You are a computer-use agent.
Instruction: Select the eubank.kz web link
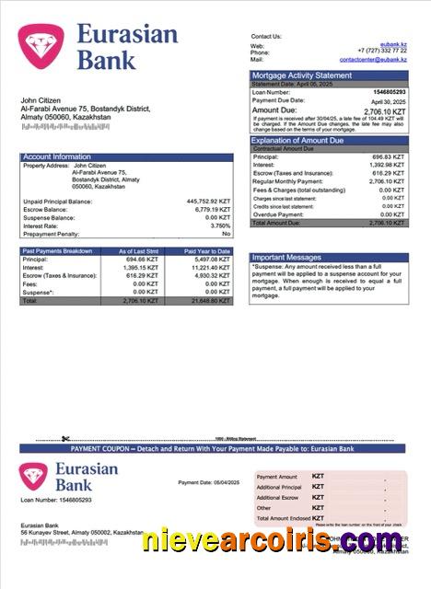[394, 44]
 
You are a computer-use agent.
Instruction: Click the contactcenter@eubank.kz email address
[373, 59]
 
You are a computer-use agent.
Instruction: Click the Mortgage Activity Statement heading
[301, 75]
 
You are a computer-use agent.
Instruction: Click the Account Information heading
[57, 156]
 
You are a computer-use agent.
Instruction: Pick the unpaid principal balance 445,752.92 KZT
[208, 201]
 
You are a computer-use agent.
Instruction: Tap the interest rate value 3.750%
[220, 225]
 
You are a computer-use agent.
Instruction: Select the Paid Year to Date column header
[207, 251]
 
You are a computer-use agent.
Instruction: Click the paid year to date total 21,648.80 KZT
[211, 301]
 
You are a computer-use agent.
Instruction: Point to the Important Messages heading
[288, 257]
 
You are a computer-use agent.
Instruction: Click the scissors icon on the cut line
[66, 438]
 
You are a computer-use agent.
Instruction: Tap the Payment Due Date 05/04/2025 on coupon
[225, 482]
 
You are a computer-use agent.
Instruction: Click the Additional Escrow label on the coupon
[277, 498]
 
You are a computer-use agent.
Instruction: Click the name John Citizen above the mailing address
[41, 99]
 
